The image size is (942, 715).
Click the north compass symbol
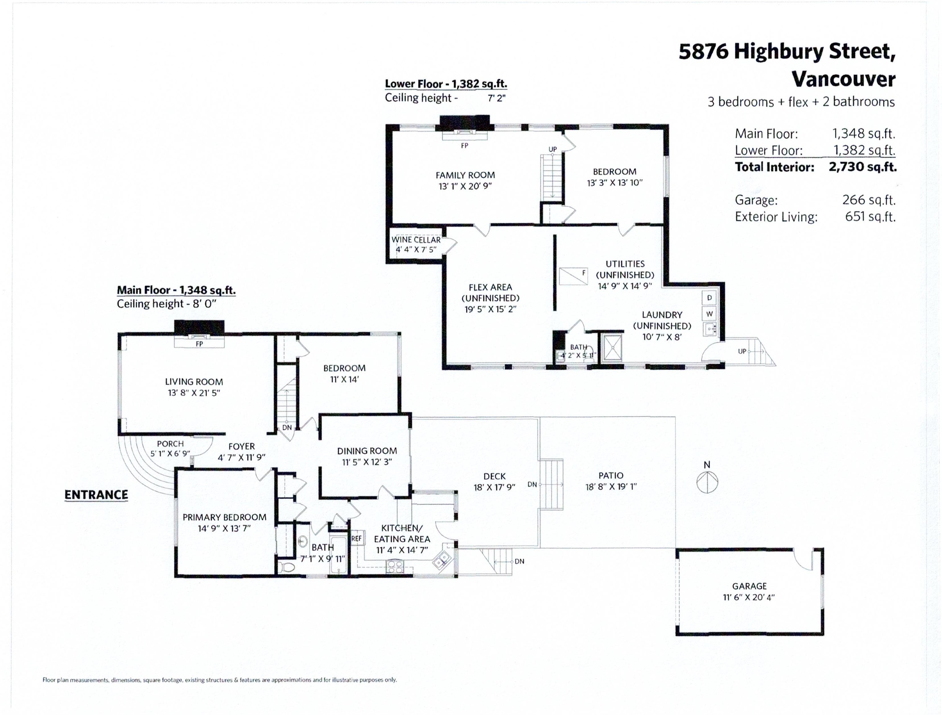tap(707, 483)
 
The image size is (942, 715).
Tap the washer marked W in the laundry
tap(709, 314)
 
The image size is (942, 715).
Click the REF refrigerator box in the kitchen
tap(357, 539)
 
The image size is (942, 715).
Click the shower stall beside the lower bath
tap(611, 347)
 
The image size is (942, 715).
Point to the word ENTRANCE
tap(96, 495)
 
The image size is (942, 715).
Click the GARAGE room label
tap(749, 586)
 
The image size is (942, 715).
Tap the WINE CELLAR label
tap(416, 240)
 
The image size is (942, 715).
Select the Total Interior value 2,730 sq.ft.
tap(862, 167)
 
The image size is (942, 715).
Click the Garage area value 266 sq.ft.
tap(869, 200)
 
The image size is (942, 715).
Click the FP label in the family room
tap(464, 146)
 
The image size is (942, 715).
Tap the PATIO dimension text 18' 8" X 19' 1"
tap(611, 487)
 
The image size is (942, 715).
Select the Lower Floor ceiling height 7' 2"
tap(496, 98)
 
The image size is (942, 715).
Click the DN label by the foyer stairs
tap(287, 427)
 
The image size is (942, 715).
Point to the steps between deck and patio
tap(552, 484)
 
